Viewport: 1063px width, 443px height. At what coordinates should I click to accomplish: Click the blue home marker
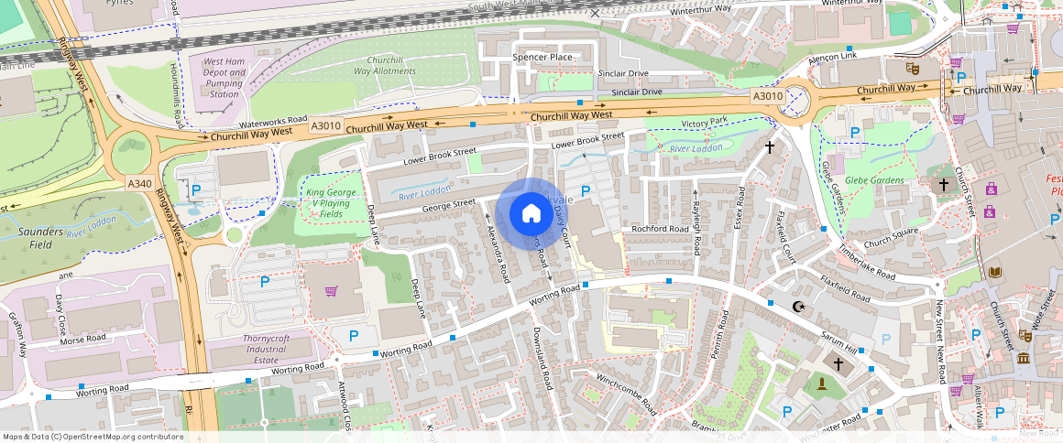531,213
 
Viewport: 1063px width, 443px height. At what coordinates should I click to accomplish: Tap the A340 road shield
139,184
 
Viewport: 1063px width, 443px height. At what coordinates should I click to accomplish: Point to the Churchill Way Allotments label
385,65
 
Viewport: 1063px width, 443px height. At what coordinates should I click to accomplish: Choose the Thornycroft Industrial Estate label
266,349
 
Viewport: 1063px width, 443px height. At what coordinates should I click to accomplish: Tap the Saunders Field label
41,238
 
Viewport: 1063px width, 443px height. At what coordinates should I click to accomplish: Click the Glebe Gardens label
874,180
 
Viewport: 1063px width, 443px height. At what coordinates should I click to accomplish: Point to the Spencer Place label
542,57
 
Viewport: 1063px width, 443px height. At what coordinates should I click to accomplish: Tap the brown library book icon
994,272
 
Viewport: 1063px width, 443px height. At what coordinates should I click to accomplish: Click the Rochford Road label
660,229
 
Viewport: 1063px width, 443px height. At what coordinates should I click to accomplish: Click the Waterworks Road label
273,121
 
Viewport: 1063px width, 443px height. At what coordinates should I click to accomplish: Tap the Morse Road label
83,339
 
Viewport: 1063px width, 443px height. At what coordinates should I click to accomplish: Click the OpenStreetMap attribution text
92,437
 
